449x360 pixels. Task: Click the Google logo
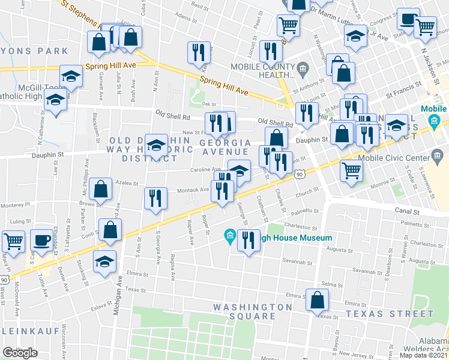[20, 353]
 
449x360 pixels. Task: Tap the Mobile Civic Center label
[393, 158]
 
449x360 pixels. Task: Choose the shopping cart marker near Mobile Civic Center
[351, 170]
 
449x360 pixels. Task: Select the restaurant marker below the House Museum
[248, 241]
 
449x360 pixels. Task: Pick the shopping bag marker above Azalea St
[101, 188]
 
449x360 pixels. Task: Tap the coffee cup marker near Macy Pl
[41, 239]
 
